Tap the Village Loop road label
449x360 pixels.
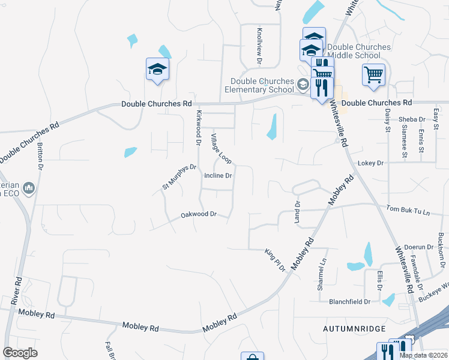(x=220, y=149)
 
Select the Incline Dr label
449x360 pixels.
(x=218, y=176)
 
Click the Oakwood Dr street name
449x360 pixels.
(x=199, y=215)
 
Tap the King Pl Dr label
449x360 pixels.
(x=275, y=260)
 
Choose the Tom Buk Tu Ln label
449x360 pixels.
(x=408, y=211)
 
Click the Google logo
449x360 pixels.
(x=20, y=352)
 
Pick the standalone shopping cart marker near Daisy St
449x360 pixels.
(x=373, y=75)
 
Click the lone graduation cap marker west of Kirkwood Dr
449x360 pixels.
(x=157, y=69)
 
